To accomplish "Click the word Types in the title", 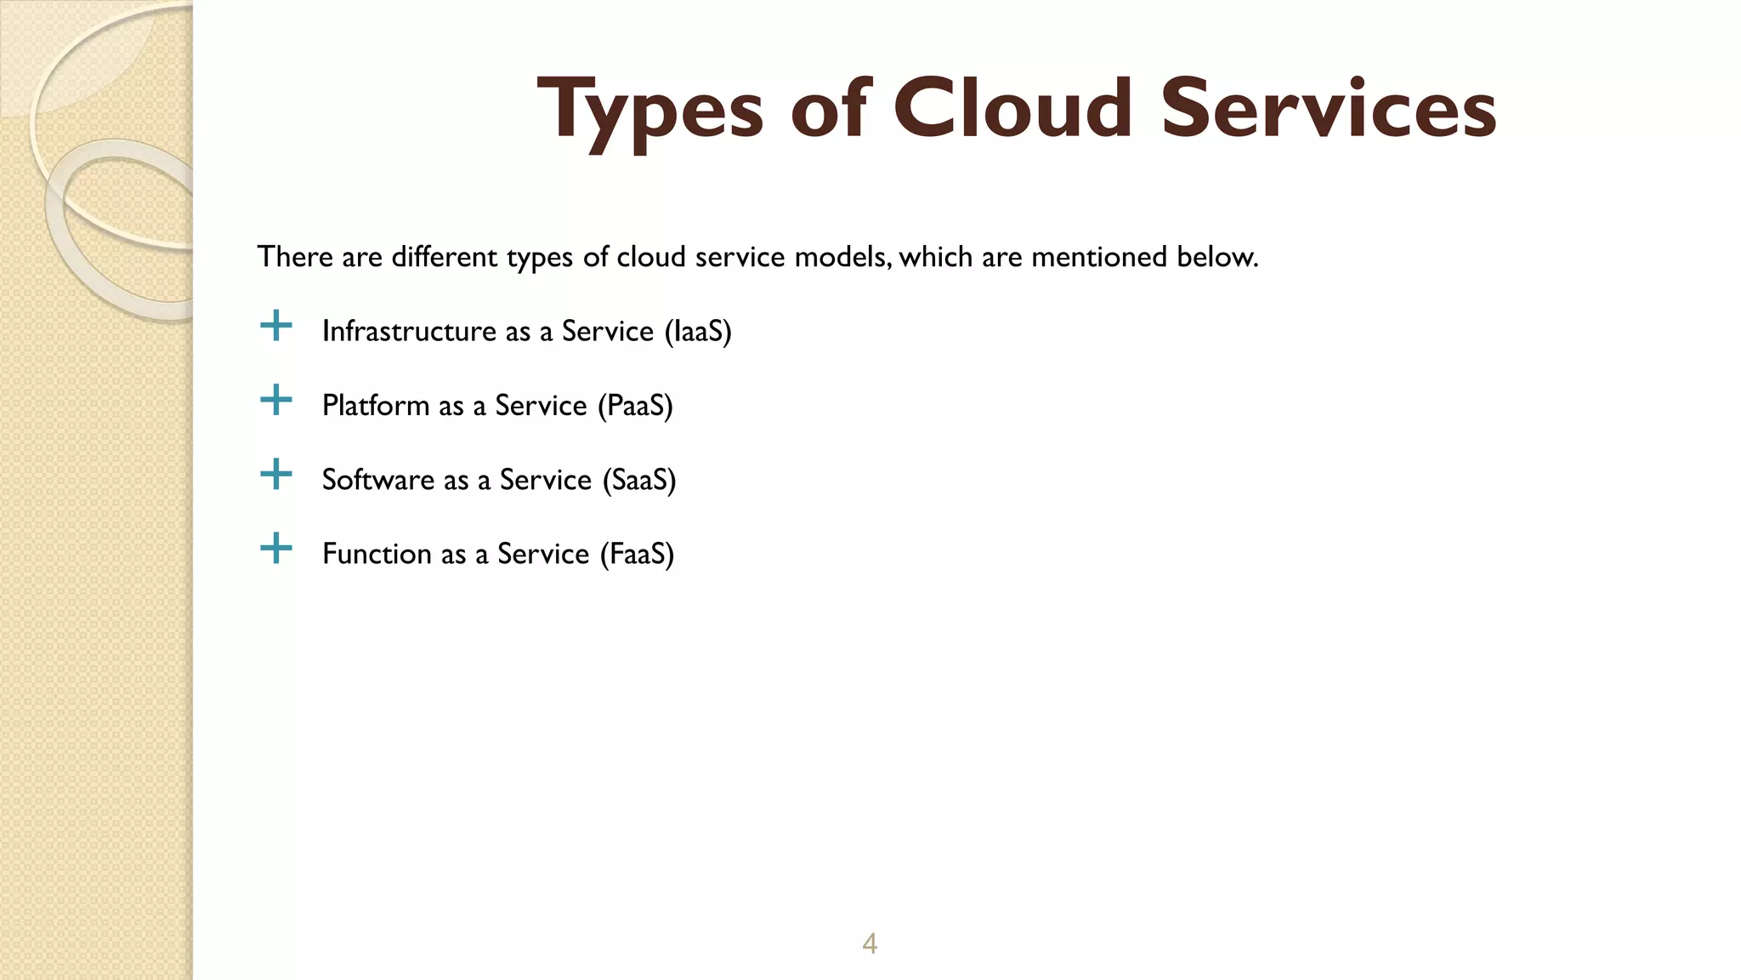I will click(x=650, y=111).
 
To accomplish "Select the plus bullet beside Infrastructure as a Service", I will click(x=275, y=326).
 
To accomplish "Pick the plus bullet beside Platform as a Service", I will click(x=275, y=400).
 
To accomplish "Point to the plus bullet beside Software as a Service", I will click(x=275, y=474).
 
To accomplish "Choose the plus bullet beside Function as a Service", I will click(x=275, y=549).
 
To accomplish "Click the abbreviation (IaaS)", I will click(x=697, y=331).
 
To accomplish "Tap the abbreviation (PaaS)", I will click(x=635, y=406).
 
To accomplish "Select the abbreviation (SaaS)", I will click(x=638, y=480).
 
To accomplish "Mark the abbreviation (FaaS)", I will click(x=637, y=554).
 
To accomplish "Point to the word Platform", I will click(x=376, y=406).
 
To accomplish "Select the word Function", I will click(x=377, y=554).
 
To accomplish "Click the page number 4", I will click(x=870, y=943).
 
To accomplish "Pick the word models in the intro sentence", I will click(x=842, y=257).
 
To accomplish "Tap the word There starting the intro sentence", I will click(x=295, y=257).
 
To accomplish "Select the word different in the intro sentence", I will click(x=445, y=257).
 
